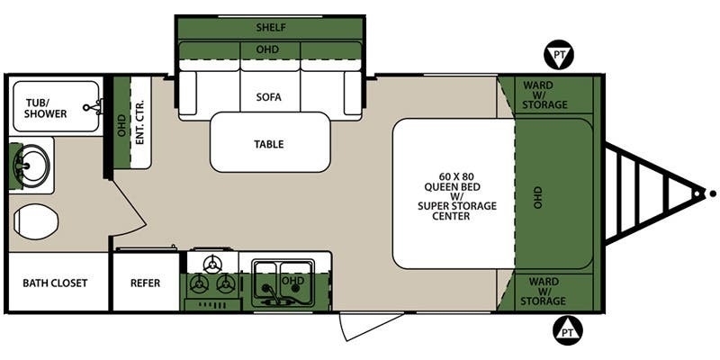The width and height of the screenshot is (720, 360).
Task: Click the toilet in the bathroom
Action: [x=36, y=222]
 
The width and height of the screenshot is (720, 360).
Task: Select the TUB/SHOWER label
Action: [x=46, y=108]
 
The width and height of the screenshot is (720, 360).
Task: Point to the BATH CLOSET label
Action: [x=55, y=283]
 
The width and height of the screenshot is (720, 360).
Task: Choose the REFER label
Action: [x=146, y=283]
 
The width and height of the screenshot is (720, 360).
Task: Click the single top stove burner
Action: [x=212, y=264]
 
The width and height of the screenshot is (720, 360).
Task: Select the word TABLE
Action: [x=269, y=144]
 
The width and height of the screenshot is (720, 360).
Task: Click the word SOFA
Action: [x=269, y=97]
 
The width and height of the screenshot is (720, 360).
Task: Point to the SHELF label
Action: [x=271, y=28]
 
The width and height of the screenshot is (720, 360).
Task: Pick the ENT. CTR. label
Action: [x=140, y=122]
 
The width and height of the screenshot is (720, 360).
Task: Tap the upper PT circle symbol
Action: [x=559, y=55]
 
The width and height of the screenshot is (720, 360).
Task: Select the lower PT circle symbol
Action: [x=568, y=329]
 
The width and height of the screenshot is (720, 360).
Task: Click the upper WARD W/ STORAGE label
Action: [x=544, y=95]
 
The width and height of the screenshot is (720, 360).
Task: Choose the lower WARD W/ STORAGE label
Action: [x=544, y=291]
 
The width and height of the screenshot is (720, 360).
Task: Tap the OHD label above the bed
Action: [x=537, y=197]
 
